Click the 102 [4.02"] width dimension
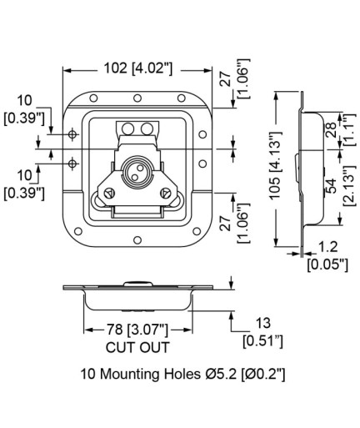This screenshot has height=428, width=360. (x=138, y=68)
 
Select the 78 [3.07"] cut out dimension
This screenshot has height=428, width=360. (x=137, y=330)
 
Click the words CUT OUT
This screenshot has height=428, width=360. (x=137, y=347)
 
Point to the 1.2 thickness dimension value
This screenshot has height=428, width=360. (x=327, y=247)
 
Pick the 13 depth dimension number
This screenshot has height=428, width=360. (x=262, y=323)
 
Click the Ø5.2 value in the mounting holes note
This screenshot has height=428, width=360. (x=222, y=374)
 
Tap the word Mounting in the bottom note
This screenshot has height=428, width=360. (x=128, y=375)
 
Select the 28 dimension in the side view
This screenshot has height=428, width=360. (x=332, y=129)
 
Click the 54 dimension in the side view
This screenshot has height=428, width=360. (x=331, y=186)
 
